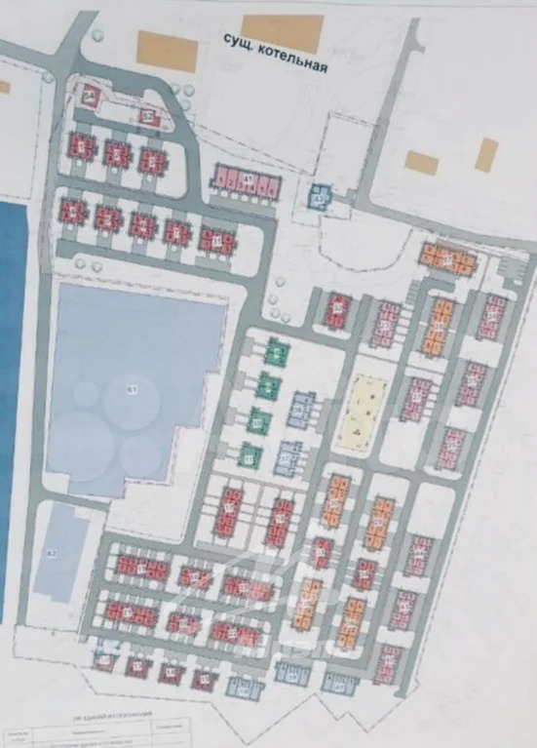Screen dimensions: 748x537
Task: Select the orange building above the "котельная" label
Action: pyautogui.click(x=283, y=32)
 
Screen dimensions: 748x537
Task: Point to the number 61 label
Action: pyautogui.click(x=134, y=390)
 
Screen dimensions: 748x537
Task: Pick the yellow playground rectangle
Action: pyautogui.click(x=363, y=413)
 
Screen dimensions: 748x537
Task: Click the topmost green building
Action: pyautogui.click(x=278, y=351)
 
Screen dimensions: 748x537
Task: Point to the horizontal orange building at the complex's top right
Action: pyautogui.click(x=448, y=258)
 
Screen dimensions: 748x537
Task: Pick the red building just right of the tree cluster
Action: pyautogui.click(x=338, y=309)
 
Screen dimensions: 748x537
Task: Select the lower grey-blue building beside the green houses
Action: pyautogui.click(x=288, y=456)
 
